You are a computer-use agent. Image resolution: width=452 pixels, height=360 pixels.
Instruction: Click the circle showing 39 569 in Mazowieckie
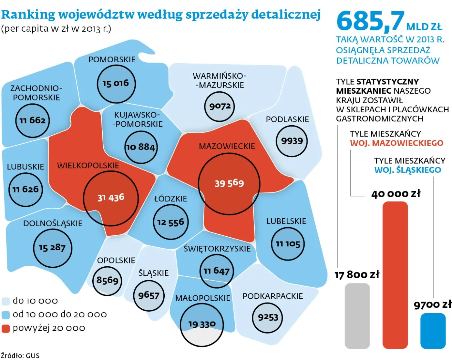point(229,183)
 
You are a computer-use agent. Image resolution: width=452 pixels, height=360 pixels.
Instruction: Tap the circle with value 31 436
point(111,198)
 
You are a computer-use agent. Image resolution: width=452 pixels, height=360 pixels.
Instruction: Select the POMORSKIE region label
point(112,60)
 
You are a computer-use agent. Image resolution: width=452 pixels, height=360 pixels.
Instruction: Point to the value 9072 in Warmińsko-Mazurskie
point(220,106)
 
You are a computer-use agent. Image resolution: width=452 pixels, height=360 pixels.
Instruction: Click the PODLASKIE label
point(287,119)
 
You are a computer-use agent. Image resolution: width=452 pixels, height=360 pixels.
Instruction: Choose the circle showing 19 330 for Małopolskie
point(202,324)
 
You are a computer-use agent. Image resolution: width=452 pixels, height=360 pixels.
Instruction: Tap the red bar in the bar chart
point(395,274)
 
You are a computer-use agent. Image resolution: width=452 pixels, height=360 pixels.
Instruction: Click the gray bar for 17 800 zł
point(357,315)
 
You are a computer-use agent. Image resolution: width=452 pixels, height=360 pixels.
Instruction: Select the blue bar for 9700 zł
point(433,331)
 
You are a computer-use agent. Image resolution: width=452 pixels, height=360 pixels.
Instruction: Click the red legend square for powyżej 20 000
point(6,328)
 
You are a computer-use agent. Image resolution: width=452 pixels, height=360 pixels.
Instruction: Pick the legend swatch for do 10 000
point(6,301)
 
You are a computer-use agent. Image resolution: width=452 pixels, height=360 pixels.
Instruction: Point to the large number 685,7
point(370,21)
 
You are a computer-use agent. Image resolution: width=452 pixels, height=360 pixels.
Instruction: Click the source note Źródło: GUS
point(20,355)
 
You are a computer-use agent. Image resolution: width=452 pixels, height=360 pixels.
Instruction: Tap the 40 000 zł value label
point(395,194)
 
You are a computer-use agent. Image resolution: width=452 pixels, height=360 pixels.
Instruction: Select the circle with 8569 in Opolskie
point(108,280)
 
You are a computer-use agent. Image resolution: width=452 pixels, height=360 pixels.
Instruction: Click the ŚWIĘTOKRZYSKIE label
point(217,249)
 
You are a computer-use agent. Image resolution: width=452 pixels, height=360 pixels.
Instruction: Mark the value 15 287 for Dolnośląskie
point(52,248)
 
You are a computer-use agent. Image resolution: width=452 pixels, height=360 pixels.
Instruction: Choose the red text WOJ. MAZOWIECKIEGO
point(396,143)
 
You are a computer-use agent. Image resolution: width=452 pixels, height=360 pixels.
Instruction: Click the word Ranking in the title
point(28,15)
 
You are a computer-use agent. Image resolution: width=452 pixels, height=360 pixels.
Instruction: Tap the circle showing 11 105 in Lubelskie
point(288,244)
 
